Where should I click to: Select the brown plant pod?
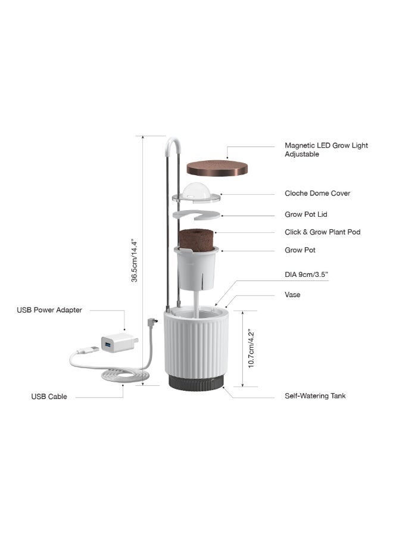pyautogui.click(x=196, y=240)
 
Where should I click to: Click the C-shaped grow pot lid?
pyautogui.click(x=196, y=214)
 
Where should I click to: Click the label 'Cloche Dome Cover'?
pyautogui.click(x=317, y=194)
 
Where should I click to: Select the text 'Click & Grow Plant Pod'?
pyautogui.click(x=322, y=232)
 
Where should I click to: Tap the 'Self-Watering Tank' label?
pyautogui.click(x=315, y=396)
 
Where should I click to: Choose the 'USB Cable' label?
pyautogui.click(x=49, y=397)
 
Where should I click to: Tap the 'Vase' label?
pyautogui.click(x=292, y=295)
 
